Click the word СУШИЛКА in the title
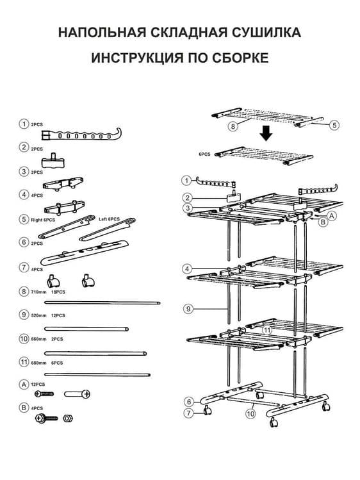266,33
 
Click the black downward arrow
266,133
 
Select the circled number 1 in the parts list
24,124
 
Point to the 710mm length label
38,292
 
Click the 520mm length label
38,315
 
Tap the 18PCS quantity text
58,292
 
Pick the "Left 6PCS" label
109,219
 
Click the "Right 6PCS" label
43,220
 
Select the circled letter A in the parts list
24,384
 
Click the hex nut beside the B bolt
68,418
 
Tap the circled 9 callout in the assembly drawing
188,309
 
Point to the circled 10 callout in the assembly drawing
250,414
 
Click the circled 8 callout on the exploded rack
233,126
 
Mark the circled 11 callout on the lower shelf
267,330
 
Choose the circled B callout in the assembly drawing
323,222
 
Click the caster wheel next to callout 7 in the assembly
208,410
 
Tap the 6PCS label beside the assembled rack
204,154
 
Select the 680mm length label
38,363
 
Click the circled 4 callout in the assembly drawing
187,269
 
